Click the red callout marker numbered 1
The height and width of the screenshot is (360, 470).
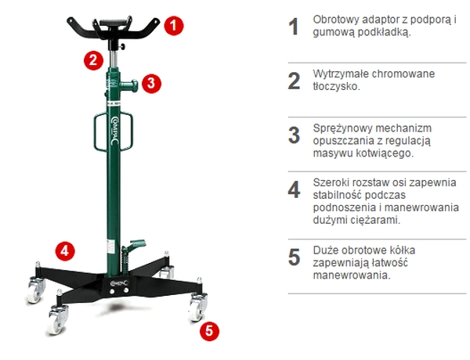(x=175, y=25)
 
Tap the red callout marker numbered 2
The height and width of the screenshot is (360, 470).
(x=93, y=58)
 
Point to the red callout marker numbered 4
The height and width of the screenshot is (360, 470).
(x=66, y=250)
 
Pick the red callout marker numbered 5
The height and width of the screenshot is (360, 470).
(x=208, y=330)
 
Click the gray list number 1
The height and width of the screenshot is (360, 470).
(x=294, y=27)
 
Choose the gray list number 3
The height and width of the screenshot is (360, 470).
(x=294, y=135)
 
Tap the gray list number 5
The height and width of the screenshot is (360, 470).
(x=294, y=257)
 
